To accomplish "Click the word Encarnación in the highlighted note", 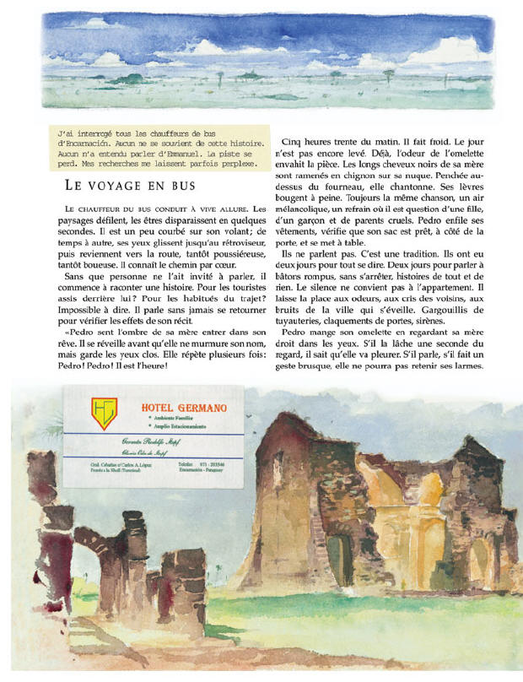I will (x=85, y=144).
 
